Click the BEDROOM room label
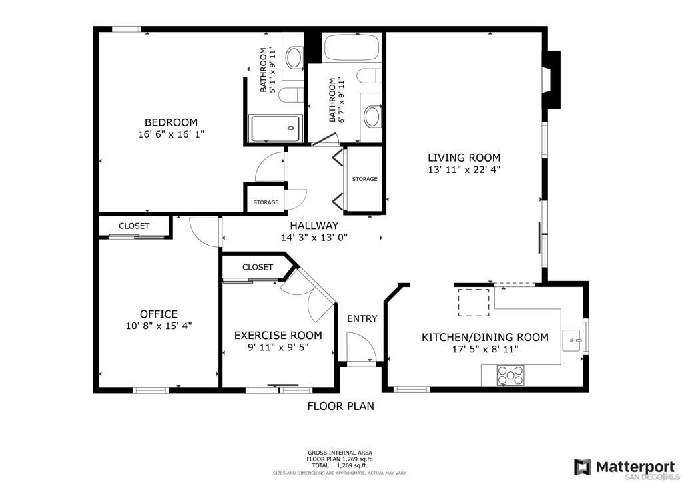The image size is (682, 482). pyautogui.click(x=171, y=122)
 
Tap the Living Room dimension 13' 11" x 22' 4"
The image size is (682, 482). pyautogui.click(x=464, y=170)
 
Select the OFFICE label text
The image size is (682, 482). pyautogui.click(x=159, y=314)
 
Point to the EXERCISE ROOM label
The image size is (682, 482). pyautogui.click(x=278, y=336)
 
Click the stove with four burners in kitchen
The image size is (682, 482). pyautogui.click(x=511, y=375)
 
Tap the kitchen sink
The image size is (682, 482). pyautogui.click(x=572, y=340)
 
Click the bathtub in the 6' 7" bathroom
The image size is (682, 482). pyautogui.click(x=352, y=47)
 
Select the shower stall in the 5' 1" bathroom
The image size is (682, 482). pyautogui.click(x=275, y=128)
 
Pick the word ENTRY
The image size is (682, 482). pyautogui.click(x=362, y=319)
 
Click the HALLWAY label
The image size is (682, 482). pyautogui.click(x=314, y=226)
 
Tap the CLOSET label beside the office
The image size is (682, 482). pyautogui.click(x=134, y=226)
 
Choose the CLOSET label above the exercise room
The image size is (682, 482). pyautogui.click(x=258, y=267)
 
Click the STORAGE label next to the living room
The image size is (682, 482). pyautogui.click(x=364, y=179)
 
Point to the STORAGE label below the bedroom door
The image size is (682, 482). pyautogui.click(x=266, y=202)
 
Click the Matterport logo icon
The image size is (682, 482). pyautogui.click(x=582, y=467)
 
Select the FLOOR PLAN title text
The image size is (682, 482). pyautogui.click(x=340, y=406)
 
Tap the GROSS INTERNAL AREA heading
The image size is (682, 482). pyautogui.click(x=340, y=453)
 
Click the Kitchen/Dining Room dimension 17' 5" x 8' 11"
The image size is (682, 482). pyautogui.click(x=486, y=349)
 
